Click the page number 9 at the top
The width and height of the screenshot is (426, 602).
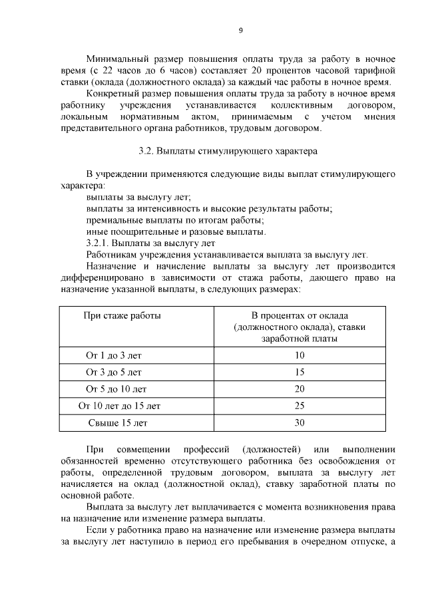[x=240, y=30]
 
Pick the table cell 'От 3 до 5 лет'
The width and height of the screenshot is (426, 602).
[x=113, y=372]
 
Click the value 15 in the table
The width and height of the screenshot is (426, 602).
[x=299, y=372]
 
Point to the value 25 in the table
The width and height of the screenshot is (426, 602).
[x=299, y=405]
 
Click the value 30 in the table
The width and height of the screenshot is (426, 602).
[x=299, y=422]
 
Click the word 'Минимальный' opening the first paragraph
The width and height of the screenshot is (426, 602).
[x=118, y=59]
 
